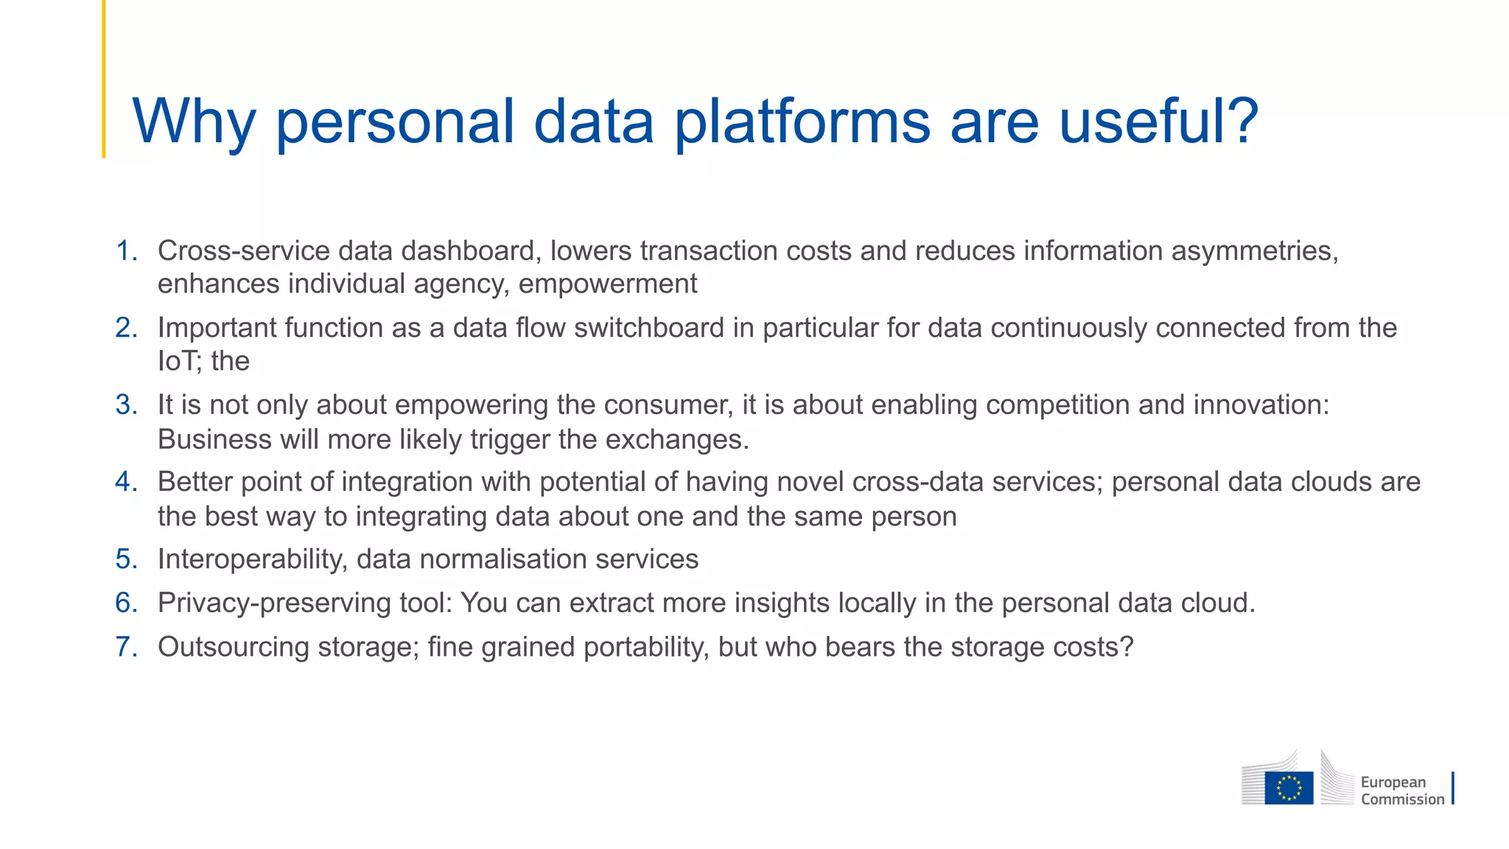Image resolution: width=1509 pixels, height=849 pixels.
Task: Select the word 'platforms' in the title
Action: click(802, 122)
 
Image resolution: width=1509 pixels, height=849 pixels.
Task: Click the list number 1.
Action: click(127, 251)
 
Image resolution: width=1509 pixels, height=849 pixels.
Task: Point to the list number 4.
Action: click(127, 482)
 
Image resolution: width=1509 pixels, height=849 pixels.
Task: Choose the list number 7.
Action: click(127, 647)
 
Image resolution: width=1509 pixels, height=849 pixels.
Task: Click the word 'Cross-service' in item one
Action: click(243, 251)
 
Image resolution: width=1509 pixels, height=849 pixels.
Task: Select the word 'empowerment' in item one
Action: click(608, 284)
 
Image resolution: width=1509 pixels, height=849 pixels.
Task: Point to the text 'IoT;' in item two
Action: click(180, 361)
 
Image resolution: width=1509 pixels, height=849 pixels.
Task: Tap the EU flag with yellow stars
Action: click(1289, 788)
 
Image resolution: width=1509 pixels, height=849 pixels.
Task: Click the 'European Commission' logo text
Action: click(1401, 791)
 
